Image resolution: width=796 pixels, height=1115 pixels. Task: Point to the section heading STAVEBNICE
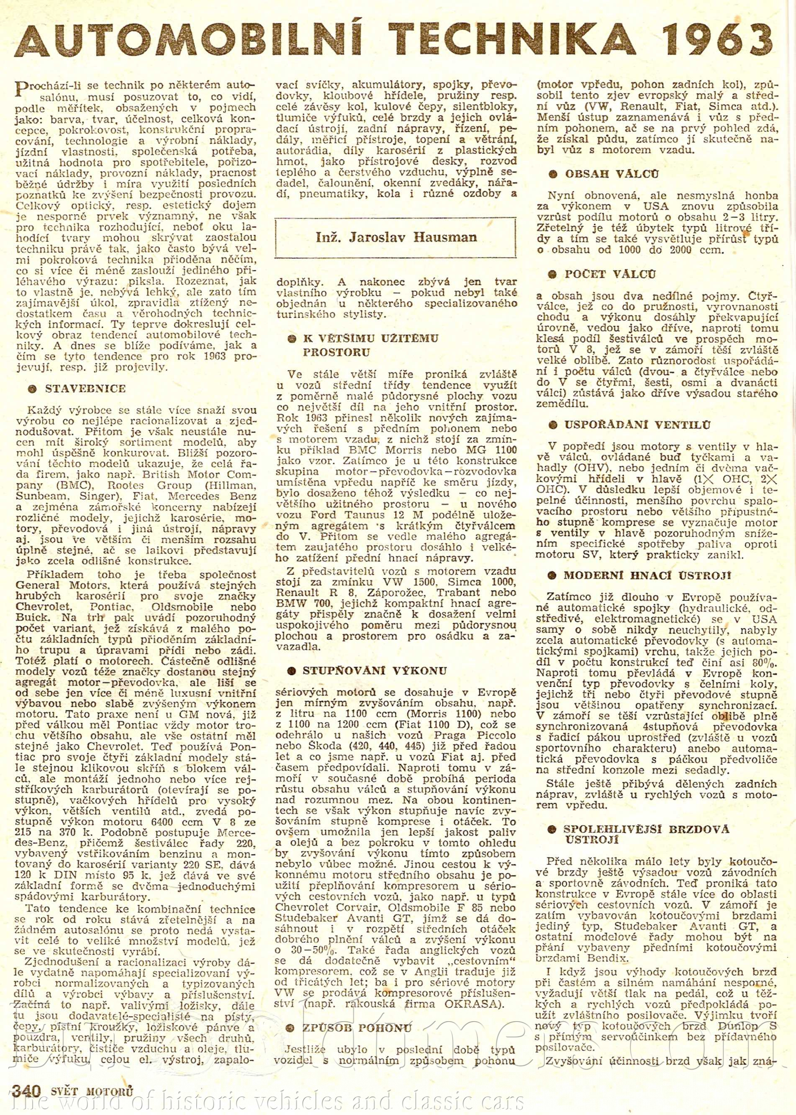click(x=85, y=389)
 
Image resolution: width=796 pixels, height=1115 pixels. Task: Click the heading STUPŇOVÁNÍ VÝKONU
click(x=375, y=671)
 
